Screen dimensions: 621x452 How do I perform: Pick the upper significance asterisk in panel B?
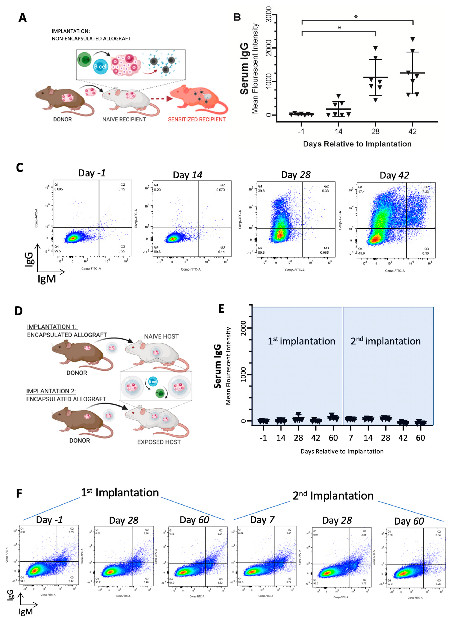pos(356,17)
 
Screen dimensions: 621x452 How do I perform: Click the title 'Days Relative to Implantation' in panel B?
pos(357,144)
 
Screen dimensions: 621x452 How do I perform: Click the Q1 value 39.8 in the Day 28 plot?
pos(261,191)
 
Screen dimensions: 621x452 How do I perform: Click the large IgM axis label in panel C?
pos(47,279)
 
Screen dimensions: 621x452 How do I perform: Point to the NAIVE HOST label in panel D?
pos(161,336)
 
